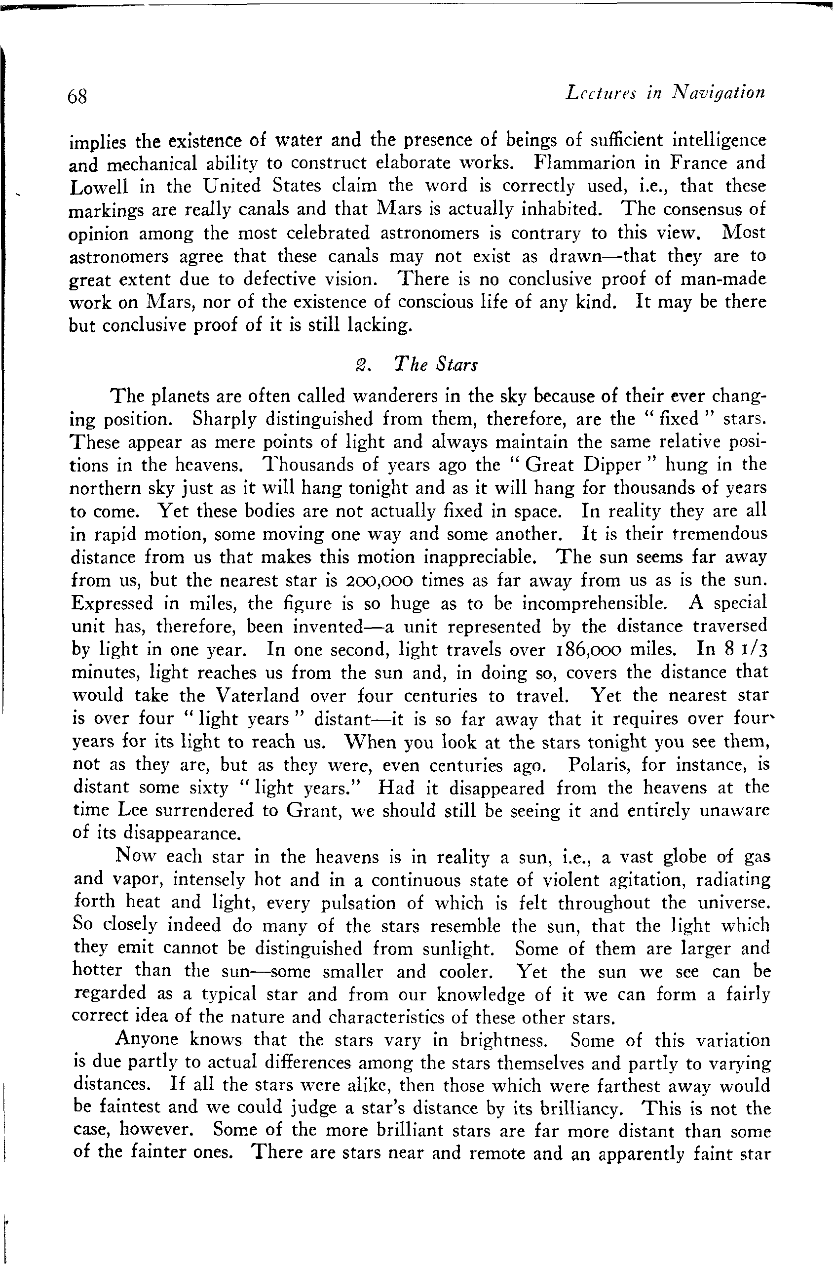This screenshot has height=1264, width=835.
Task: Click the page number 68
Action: click(x=78, y=96)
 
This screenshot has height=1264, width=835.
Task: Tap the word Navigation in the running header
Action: click(x=719, y=93)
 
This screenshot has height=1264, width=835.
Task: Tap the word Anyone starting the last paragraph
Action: click(x=147, y=1039)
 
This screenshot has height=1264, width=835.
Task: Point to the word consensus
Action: click(x=705, y=208)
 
